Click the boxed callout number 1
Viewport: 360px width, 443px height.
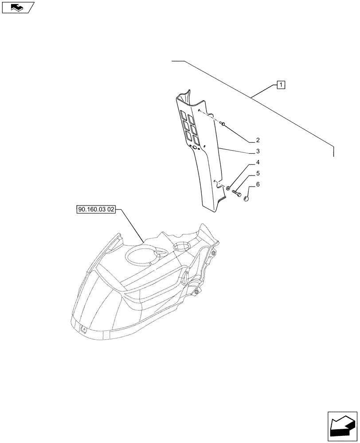(x=281, y=85)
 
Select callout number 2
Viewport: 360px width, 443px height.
(x=257, y=140)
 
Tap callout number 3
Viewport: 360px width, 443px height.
(x=257, y=152)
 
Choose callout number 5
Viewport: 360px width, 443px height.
(x=257, y=174)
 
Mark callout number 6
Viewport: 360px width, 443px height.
(x=257, y=184)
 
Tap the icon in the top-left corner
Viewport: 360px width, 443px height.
(x=18, y=7)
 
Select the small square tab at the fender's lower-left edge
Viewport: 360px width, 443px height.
(x=83, y=328)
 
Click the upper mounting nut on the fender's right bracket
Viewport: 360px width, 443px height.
(x=213, y=253)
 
